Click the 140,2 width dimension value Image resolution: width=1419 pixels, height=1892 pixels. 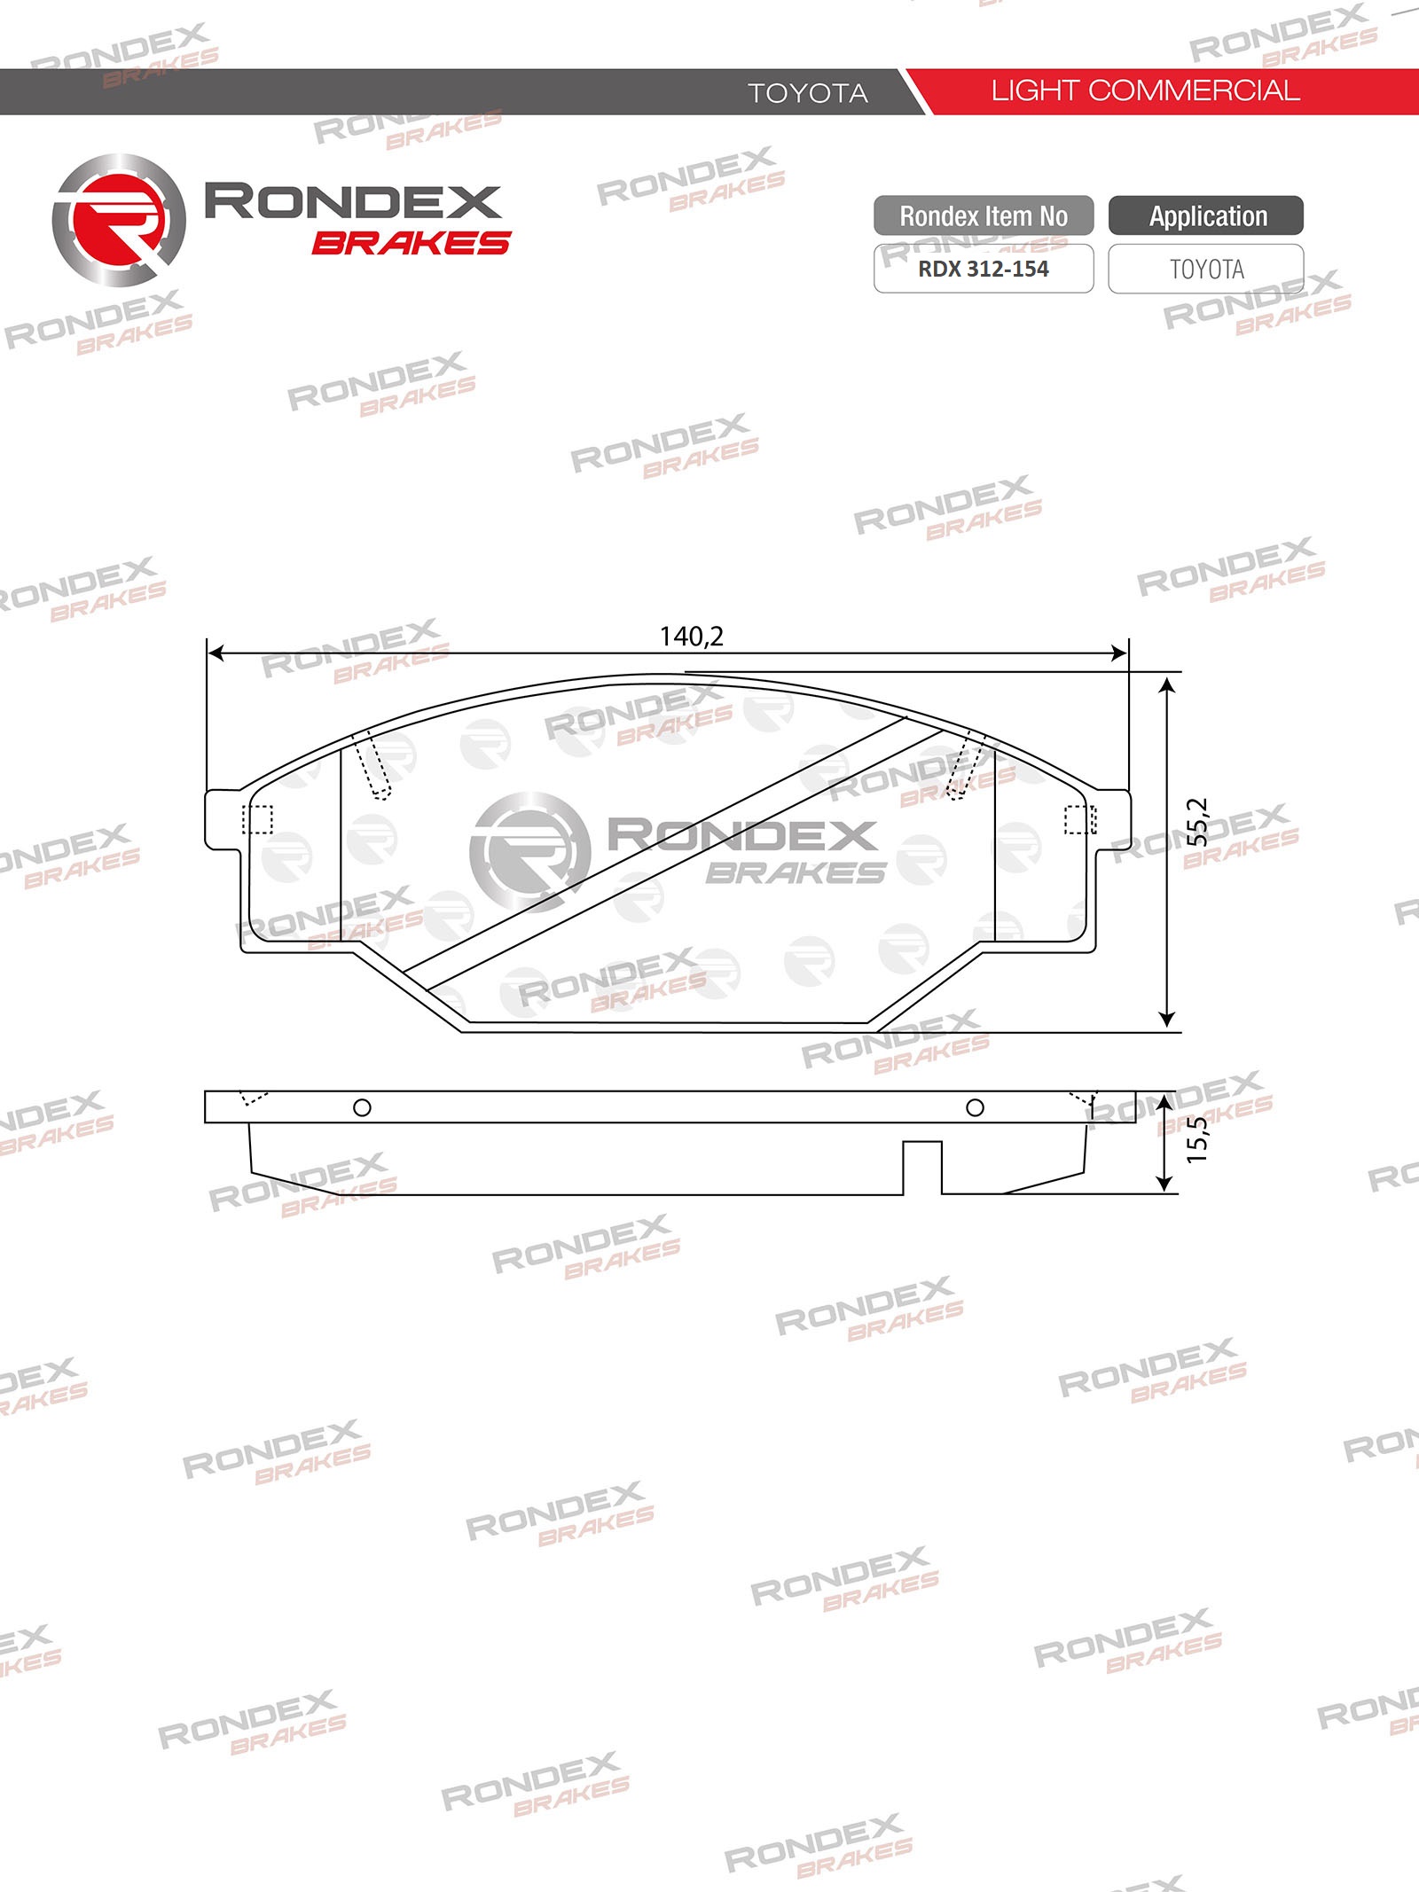(692, 637)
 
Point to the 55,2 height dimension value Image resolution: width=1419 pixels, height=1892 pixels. (1197, 821)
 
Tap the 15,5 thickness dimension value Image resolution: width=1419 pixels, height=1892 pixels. (1197, 1139)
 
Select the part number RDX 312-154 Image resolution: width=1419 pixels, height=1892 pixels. (983, 269)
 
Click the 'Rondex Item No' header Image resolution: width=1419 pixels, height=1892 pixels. (984, 215)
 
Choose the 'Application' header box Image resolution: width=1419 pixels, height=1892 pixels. (1206, 215)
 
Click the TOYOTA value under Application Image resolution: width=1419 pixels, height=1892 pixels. (1206, 269)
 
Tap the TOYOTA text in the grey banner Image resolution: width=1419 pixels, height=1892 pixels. (807, 93)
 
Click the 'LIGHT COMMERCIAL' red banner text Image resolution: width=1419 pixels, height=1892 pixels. (1145, 90)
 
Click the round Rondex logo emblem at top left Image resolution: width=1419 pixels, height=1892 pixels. (119, 220)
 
